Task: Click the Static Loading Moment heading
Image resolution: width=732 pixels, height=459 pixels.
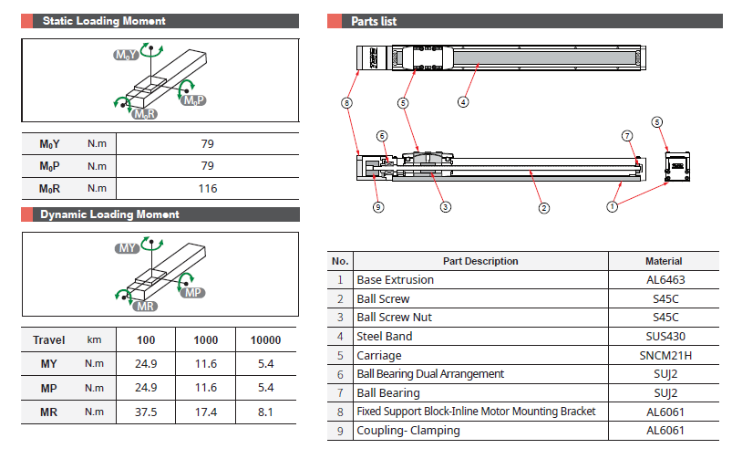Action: pos(104,21)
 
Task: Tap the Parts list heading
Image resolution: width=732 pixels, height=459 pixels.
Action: pos(374,21)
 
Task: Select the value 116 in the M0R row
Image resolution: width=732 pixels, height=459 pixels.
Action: pos(207,189)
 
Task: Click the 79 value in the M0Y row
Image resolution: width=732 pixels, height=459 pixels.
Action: pos(207,143)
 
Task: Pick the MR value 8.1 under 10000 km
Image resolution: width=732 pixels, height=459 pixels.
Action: pos(265,412)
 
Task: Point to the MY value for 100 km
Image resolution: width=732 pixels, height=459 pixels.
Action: pos(146,364)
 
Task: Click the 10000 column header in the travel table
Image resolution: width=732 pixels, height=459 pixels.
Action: pos(265,340)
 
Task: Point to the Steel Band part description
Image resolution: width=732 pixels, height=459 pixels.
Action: pos(384,336)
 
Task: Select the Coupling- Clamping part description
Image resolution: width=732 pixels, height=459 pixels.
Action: pos(407,431)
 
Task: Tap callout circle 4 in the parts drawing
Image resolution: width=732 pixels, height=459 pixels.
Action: pos(463,102)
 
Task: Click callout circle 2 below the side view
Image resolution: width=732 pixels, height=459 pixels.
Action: pos(543,207)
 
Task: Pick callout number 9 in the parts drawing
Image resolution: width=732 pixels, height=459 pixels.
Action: pos(378,207)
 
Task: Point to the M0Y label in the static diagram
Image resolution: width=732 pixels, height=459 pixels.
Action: pos(125,56)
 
